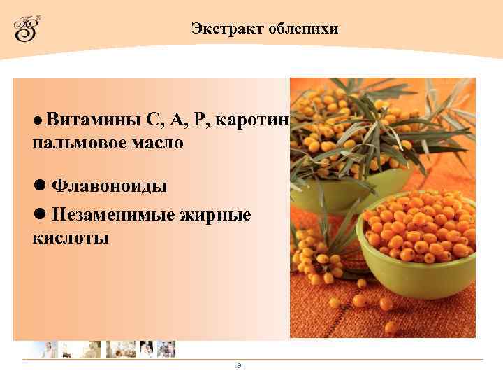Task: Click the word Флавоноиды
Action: click(x=110, y=186)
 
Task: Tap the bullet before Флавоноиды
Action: click(x=40, y=185)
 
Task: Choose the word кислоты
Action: click(x=70, y=237)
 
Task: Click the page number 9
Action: click(x=239, y=365)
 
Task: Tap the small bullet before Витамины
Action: click(x=38, y=120)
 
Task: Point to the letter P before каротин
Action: click(x=202, y=120)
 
